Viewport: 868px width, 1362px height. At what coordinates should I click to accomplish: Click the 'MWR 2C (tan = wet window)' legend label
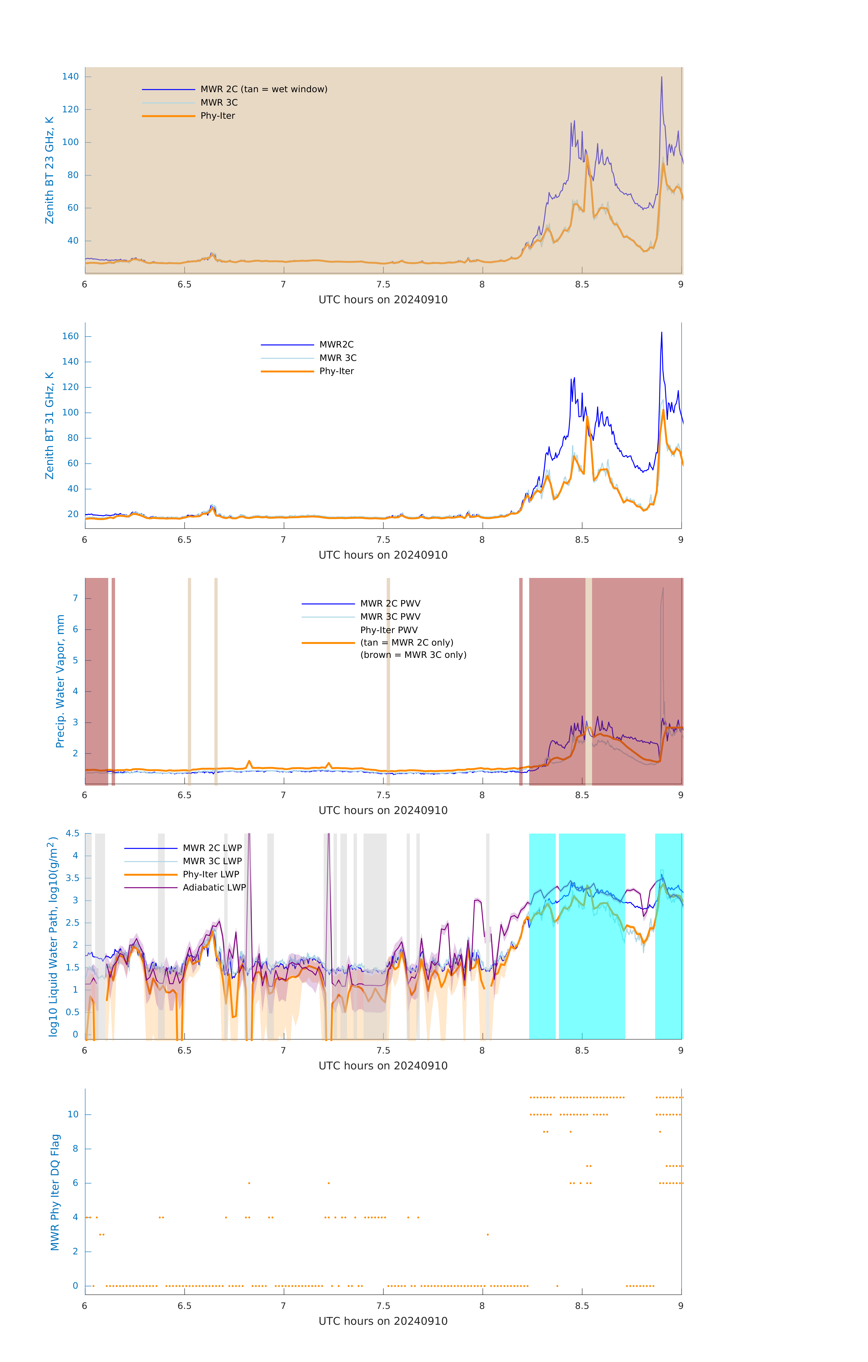tap(263, 89)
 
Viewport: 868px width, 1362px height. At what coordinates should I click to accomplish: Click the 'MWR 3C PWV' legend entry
tap(390, 617)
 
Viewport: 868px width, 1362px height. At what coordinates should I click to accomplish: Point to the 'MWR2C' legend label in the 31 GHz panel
tap(337, 344)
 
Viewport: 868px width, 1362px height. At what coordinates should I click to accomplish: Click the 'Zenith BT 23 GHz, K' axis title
tap(50, 170)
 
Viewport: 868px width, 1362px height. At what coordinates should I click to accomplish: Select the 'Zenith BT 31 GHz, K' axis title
tap(50, 425)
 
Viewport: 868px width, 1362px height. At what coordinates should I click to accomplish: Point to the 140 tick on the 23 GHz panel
tap(70, 76)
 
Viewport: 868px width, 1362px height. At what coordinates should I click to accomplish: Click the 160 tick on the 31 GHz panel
tap(70, 336)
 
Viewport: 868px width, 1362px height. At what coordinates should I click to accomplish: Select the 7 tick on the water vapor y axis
tap(75, 598)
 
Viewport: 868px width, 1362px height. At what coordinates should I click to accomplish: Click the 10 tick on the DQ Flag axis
tap(73, 1114)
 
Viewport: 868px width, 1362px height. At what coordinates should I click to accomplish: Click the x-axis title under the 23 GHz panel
tap(383, 300)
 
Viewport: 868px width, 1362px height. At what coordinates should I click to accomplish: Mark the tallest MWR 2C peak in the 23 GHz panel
tap(661, 77)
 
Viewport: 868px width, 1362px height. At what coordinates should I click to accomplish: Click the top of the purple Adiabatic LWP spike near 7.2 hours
tap(329, 835)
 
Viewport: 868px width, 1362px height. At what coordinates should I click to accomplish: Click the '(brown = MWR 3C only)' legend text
tap(413, 655)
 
